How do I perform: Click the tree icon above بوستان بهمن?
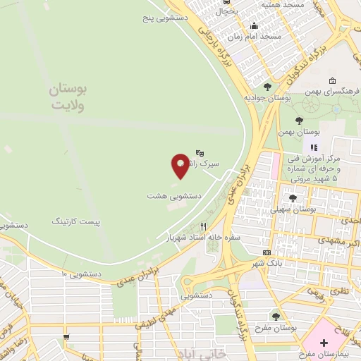pos(299,121)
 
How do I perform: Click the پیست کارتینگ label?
pos(76,221)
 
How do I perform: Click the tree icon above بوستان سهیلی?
pos(293,199)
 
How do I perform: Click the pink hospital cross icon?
pos(324,343)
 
